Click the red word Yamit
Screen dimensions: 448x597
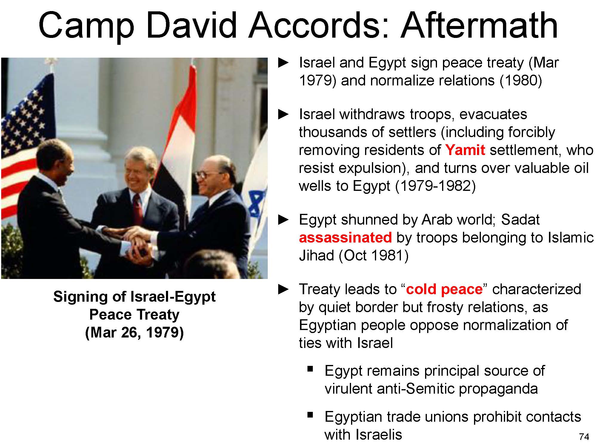pos(465,150)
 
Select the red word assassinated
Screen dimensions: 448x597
pos(345,238)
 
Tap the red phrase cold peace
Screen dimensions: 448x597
pos(444,289)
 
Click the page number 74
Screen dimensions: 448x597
pos(584,437)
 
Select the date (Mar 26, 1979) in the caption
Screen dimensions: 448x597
pos(134,332)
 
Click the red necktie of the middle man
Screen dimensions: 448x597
pos(138,209)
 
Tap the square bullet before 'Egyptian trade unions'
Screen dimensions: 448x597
pos(310,415)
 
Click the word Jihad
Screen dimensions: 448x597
pos(316,256)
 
